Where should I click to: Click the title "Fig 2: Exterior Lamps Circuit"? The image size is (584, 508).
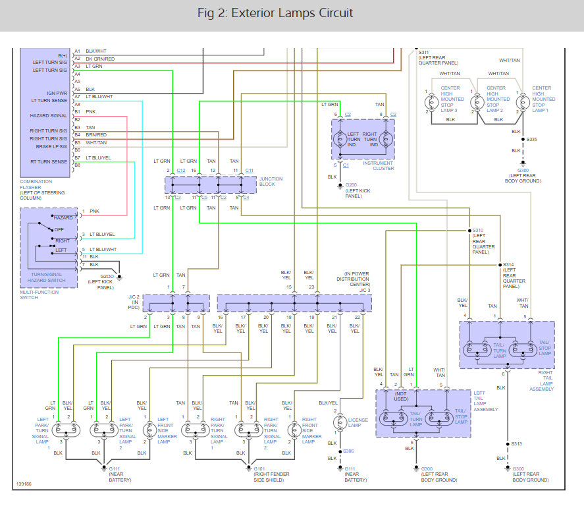[275, 13]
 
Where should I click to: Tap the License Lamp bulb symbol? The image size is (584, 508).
[340, 422]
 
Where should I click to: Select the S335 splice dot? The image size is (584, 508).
[523, 140]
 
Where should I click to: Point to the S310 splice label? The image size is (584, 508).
[478, 231]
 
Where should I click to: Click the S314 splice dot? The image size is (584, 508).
[500, 265]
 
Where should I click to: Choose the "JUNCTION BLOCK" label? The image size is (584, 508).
[271, 181]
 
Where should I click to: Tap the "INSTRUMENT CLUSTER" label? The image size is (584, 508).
[378, 165]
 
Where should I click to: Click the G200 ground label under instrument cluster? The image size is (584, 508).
[351, 185]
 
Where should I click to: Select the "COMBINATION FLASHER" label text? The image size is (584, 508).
[36, 184]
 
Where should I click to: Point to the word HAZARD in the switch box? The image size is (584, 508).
[63, 217]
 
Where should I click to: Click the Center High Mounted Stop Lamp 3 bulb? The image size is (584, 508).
[431, 101]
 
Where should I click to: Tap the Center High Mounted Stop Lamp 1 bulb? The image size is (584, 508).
[523, 101]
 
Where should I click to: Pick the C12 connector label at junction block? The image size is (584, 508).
[181, 171]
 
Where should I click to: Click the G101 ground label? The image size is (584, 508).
[259, 468]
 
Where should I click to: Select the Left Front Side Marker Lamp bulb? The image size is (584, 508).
[149, 430]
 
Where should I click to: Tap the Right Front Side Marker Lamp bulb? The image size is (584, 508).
[294, 430]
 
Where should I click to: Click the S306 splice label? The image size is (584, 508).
[348, 451]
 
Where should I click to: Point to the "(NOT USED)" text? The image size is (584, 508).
[401, 396]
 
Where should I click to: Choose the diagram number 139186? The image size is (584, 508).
[24, 484]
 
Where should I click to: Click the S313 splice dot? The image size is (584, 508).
[507, 444]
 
